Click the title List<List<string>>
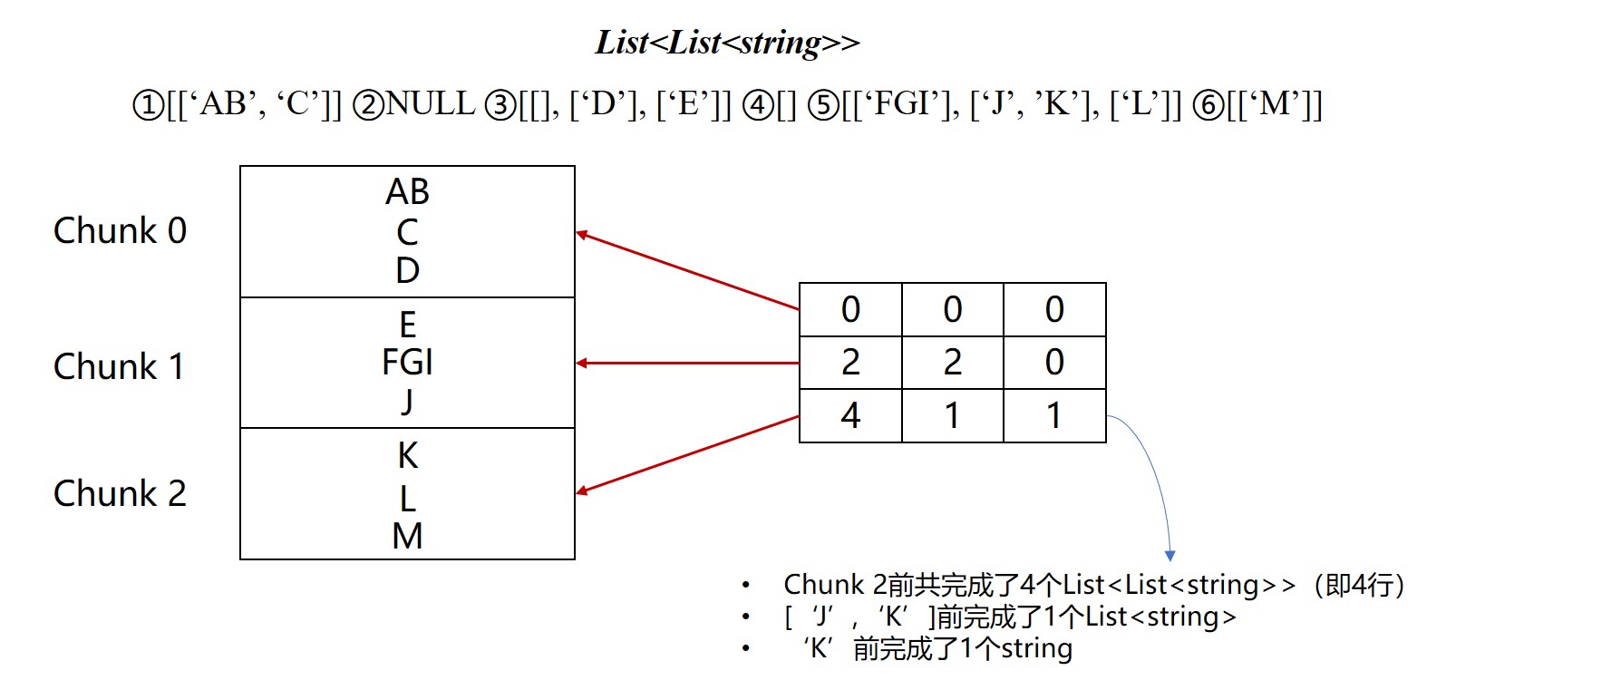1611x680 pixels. tap(727, 43)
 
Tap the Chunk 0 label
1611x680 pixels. tap(121, 231)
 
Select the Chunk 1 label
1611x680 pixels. tap(119, 367)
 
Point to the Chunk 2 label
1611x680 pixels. tap(121, 494)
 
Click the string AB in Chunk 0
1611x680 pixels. tap(407, 192)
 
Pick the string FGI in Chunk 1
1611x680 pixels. tap(407, 363)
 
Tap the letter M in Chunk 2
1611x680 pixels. tap(407, 537)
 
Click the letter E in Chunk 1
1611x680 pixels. tap(408, 325)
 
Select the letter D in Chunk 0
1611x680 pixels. tap(408, 270)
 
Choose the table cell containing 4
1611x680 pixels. tap(850, 416)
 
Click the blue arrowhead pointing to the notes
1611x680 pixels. tap(1169, 555)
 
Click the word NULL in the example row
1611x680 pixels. tap(431, 104)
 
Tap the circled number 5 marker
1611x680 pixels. tap(823, 106)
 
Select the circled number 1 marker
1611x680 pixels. tap(148, 106)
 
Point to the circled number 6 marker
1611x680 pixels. tap(1208, 106)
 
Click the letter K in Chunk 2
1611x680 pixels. tap(408, 456)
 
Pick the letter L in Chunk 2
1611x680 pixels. tap(408, 499)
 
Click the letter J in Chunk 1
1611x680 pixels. tap(408, 401)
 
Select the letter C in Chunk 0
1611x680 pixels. tap(408, 233)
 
